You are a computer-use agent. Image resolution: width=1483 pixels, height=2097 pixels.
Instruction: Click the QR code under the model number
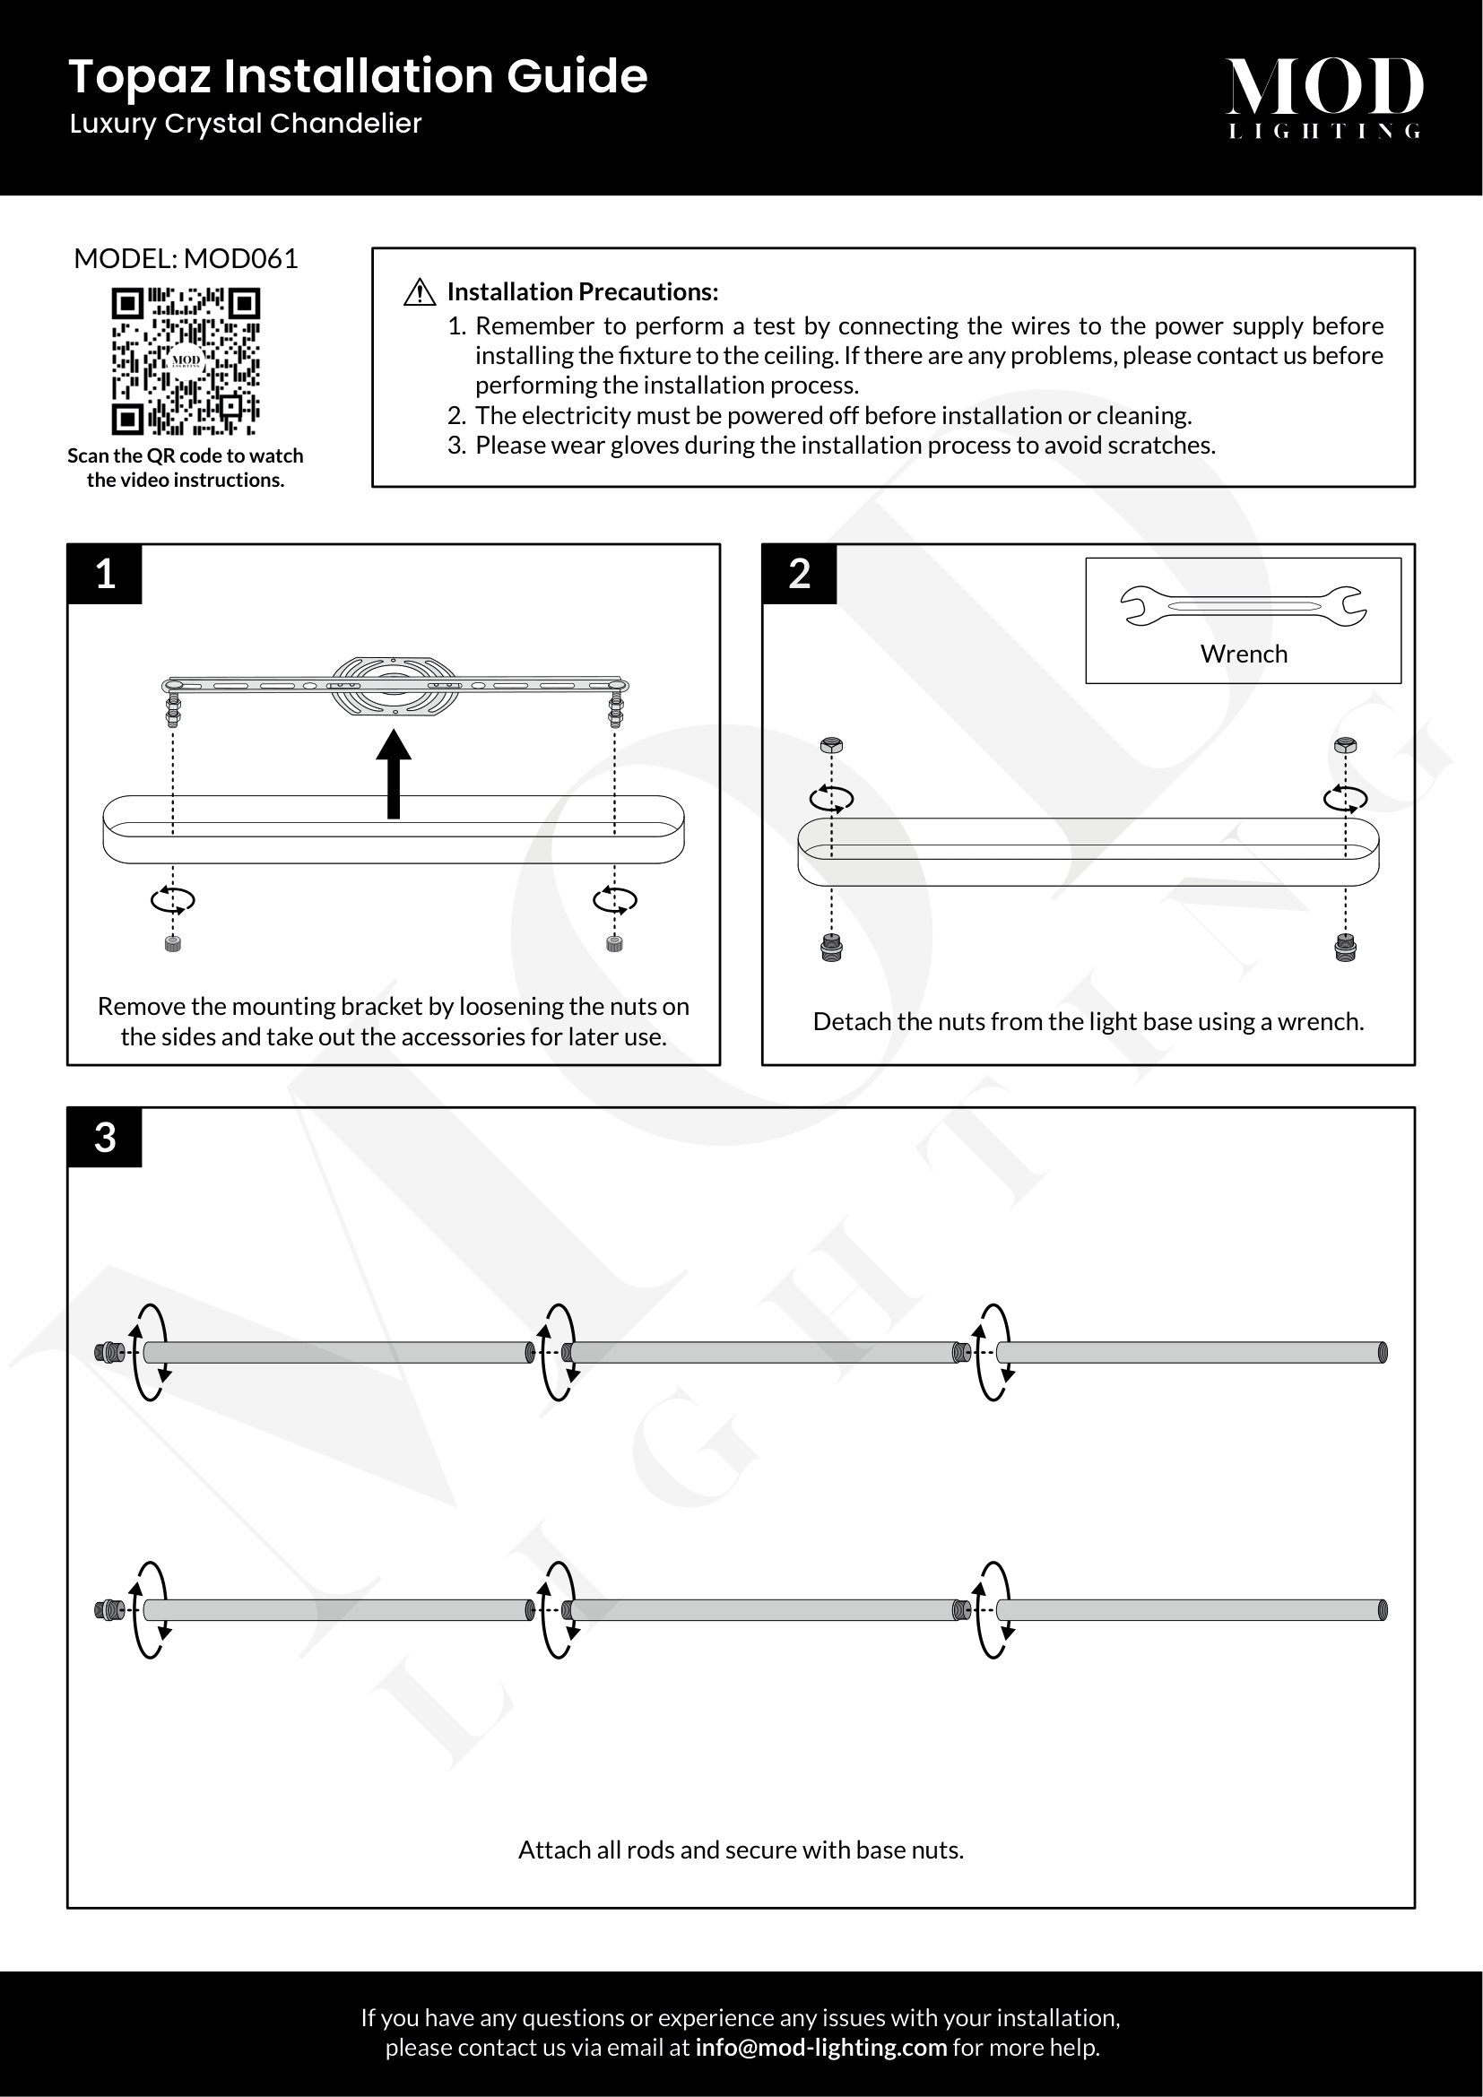coord(186,360)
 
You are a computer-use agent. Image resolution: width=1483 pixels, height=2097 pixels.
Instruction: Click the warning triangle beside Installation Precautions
coord(419,292)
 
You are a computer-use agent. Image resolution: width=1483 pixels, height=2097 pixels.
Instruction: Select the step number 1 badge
coord(105,574)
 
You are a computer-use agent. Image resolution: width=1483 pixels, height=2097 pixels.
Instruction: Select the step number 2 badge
coord(799,574)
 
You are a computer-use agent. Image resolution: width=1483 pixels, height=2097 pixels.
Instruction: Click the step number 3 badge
coord(105,1137)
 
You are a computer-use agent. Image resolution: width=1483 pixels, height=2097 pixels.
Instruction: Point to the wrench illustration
coord(1243,606)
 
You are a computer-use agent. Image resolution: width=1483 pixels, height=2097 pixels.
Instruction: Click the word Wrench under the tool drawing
coord(1243,654)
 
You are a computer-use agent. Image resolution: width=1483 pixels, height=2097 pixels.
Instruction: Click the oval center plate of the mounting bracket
coord(394,685)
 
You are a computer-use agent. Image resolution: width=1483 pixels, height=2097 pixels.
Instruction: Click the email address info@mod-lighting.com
coord(821,2047)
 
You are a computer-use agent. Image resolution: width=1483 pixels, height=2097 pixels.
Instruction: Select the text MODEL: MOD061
coord(186,258)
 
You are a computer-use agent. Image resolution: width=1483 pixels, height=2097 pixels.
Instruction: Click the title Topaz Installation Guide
coord(358,76)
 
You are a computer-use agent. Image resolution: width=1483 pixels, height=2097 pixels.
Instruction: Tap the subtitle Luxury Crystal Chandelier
coord(246,124)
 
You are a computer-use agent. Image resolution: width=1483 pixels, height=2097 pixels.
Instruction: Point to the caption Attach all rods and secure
coord(741,1850)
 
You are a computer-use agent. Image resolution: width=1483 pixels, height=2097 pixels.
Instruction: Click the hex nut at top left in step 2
coord(832,744)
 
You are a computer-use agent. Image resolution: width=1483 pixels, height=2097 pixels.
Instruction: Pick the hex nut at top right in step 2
coord(1345,744)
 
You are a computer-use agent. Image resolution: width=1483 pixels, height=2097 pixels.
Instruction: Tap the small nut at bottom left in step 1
coord(172,943)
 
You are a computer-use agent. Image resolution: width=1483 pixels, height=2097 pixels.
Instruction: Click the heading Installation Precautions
coord(583,292)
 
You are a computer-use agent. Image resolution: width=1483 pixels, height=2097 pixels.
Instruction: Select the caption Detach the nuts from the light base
coord(1088,1021)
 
